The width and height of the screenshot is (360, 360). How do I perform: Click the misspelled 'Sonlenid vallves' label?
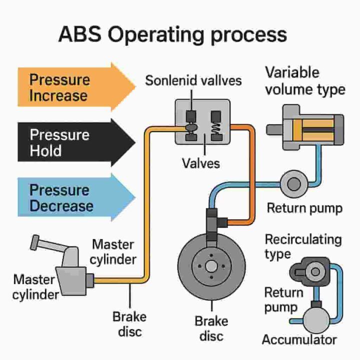pos(193,80)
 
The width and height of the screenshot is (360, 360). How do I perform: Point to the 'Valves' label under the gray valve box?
pos(200,163)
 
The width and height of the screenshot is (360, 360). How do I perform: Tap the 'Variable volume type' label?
pos(304,80)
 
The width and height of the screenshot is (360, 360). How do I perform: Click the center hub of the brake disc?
pos(211,264)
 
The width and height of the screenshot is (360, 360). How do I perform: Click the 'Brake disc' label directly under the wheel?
pos(211,327)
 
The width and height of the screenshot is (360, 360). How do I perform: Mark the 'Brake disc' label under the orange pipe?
pos(129,324)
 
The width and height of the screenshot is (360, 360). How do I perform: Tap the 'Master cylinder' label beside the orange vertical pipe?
pos(113,252)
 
